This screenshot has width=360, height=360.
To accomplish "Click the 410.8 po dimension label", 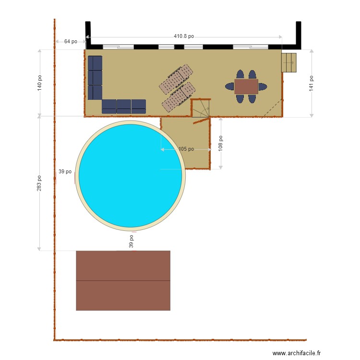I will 184,36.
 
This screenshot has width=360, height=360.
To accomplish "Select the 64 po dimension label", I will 71,41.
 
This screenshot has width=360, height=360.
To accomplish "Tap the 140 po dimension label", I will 40,83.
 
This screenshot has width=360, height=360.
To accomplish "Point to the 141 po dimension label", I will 312,83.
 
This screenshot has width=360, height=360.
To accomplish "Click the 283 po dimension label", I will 40,183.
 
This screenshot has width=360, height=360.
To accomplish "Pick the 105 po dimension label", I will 186,149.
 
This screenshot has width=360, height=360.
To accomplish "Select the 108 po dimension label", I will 221,143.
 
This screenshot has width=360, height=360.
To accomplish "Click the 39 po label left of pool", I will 65,171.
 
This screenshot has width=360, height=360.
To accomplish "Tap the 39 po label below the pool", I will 131,241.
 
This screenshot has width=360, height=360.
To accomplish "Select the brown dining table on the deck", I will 246,86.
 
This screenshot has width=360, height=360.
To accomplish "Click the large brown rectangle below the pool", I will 123,280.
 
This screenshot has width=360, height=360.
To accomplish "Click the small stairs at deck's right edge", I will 289,62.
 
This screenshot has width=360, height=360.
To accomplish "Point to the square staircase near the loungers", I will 201,108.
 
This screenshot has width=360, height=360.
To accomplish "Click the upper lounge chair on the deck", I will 176,79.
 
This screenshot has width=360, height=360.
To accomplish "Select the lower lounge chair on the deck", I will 179,97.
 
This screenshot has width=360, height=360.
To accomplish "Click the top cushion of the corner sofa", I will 95,63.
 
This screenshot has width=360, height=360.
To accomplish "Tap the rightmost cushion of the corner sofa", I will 139,106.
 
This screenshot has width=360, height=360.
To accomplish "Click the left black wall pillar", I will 88,35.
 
